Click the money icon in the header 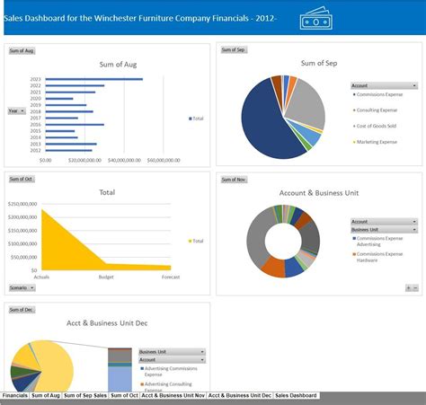(314, 20)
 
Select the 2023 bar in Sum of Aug (93, 79)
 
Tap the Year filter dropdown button (15, 110)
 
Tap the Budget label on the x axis (106, 277)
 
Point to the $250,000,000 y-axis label (22, 204)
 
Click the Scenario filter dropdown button (17, 287)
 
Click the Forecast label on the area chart (170, 277)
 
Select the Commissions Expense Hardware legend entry (383, 258)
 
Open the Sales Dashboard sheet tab (296, 395)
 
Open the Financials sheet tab (14, 395)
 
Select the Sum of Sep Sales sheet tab (85, 395)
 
